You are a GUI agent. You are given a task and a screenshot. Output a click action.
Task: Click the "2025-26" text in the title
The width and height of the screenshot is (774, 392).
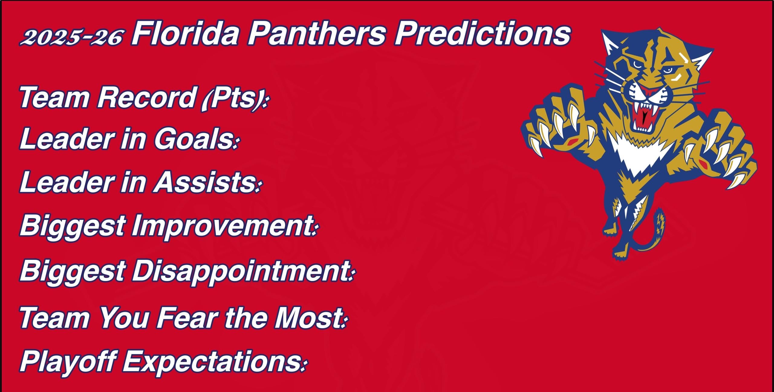tap(71, 37)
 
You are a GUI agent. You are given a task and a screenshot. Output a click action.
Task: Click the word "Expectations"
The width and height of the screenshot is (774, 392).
tap(212, 361)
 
